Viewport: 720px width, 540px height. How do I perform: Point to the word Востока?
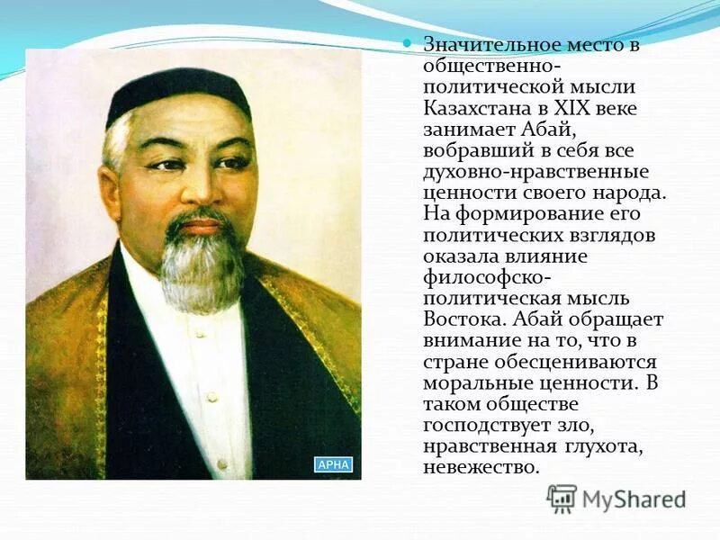point(454,319)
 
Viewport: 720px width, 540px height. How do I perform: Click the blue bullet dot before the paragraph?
point(406,43)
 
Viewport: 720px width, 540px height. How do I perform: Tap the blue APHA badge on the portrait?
point(333,464)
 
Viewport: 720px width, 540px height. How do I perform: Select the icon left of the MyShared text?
point(562,499)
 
